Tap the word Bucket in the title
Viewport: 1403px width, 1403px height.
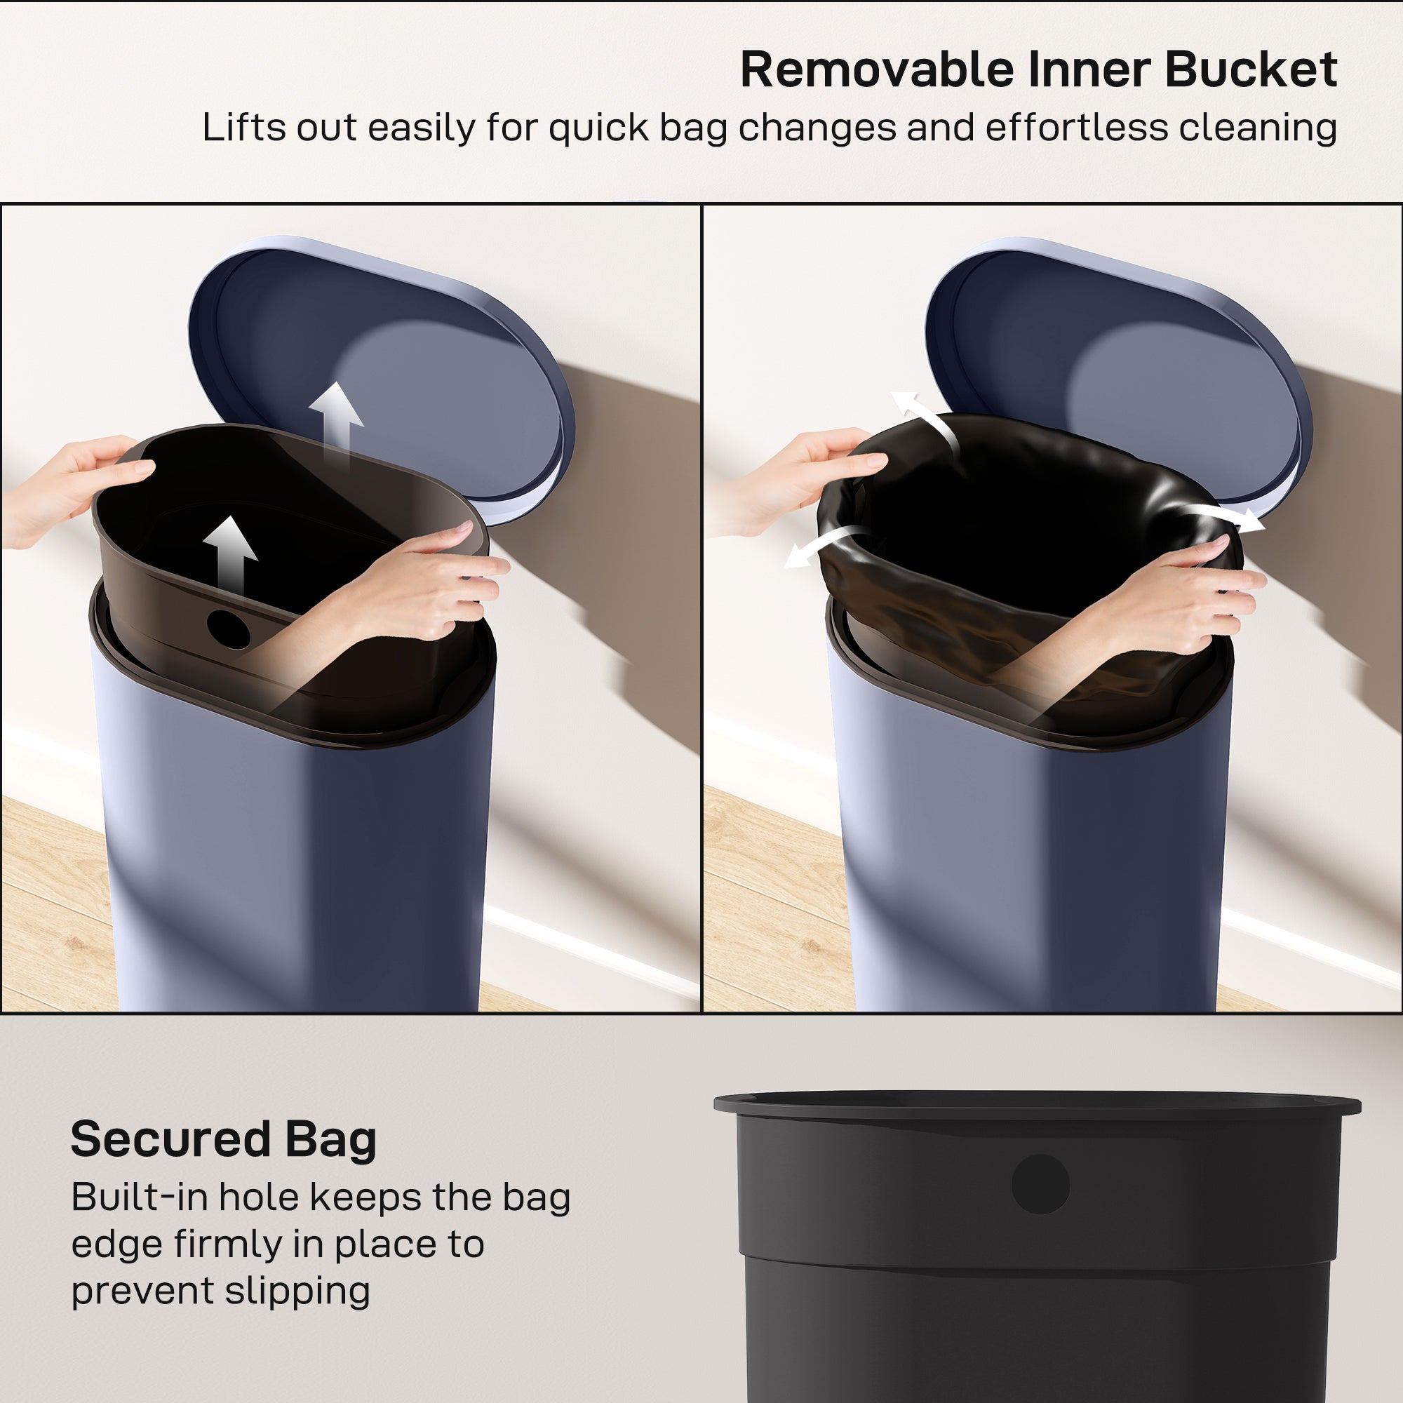point(1251,70)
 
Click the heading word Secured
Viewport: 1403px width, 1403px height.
point(170,1139)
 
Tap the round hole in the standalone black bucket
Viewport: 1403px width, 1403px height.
point(1040,1183)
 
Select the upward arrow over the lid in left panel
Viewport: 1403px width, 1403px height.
point(335,421)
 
